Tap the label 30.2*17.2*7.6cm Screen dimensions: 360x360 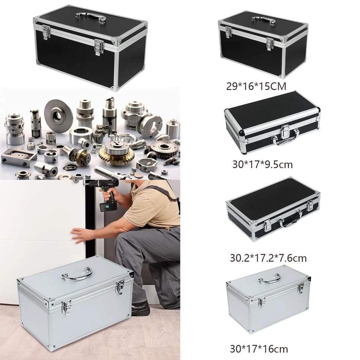[268, 258]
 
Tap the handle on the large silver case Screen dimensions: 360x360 [77, 273]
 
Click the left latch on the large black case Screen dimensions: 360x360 [46, 33]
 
